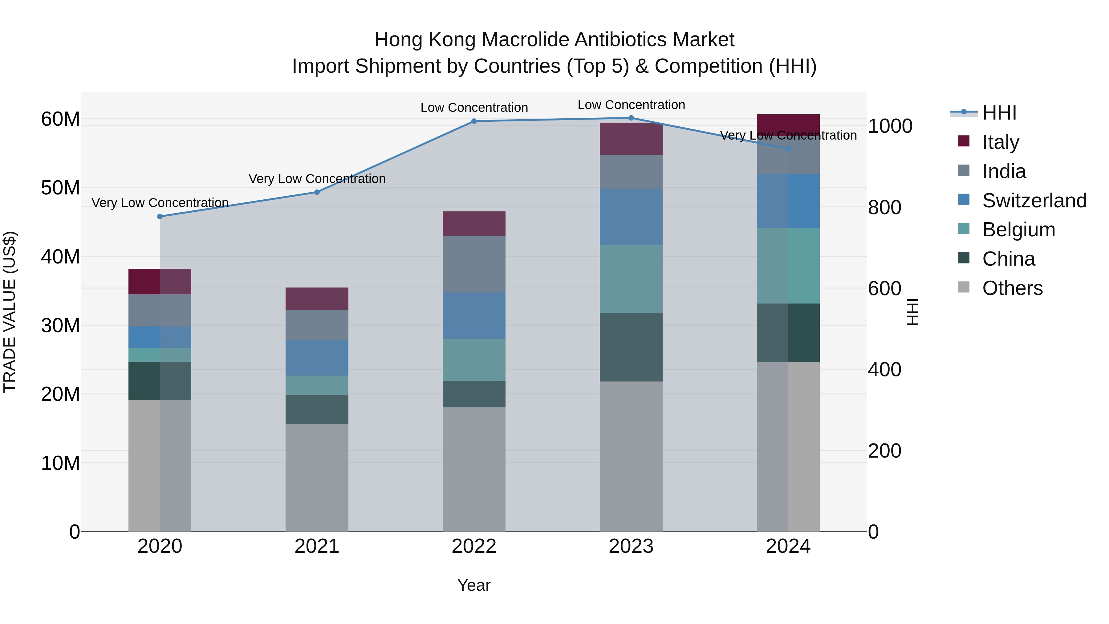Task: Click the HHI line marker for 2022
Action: [474, 121]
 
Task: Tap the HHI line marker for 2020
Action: [160, 216]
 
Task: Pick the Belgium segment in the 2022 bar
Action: [474, 360]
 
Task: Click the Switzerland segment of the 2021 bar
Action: [317, 357]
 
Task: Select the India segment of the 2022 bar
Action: [474, 264]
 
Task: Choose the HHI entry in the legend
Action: [999, 113]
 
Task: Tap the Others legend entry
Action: [1012, 288]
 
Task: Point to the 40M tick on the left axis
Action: [60, 257]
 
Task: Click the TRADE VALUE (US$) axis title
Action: [10, 312]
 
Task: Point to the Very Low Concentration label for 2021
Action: [317, 179]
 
